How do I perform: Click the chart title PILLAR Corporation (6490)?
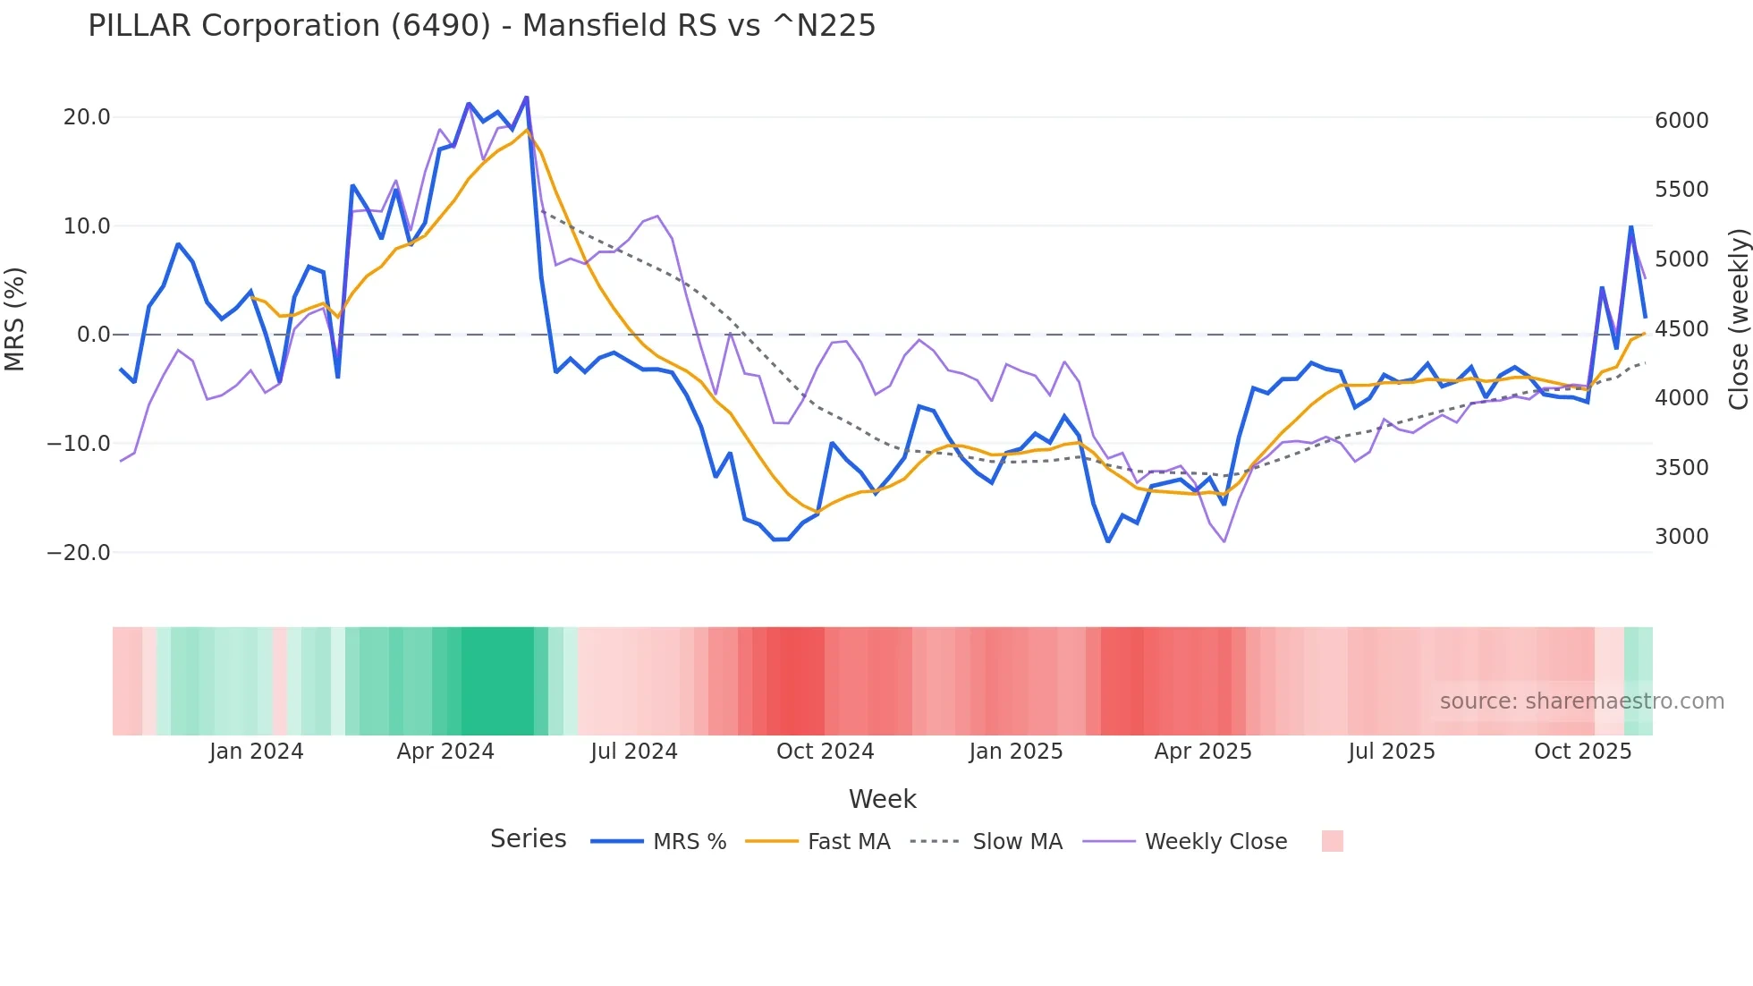pyautogui.click(x=481, y=26)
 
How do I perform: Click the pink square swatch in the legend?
pyautogui.click(x=1332, y=841)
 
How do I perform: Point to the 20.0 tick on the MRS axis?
pyautogui.click(x=87, y=117)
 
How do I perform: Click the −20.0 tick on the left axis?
pyautogui.click(x=79, y=553)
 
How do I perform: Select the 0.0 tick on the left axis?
pyautogui.click(x=93, y=335)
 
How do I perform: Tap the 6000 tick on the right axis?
pyautogui.click(x=1681, y=121)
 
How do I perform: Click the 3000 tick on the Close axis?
pyautogui.click(x=1681, y=537)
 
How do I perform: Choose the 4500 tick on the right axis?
pyautogui.click(x=1681, y=329)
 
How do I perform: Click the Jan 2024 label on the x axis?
pyautogui.click(x=257, y=752)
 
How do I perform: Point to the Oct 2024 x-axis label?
pyautogui.click(x=825, y=752)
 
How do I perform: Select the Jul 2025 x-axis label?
pyautogui.click(x=1392, y=752)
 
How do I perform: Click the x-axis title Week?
pyautogui.click(x=882, y=799)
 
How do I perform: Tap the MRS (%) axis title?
pyautogui.click(x=15, y=319)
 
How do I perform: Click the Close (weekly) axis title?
pyautogui.click(x=1738, y=319)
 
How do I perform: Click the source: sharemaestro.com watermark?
pyautogui.click(x=1581, y=701)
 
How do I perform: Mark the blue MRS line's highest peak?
pyautogui.click(x=527, y=97)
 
